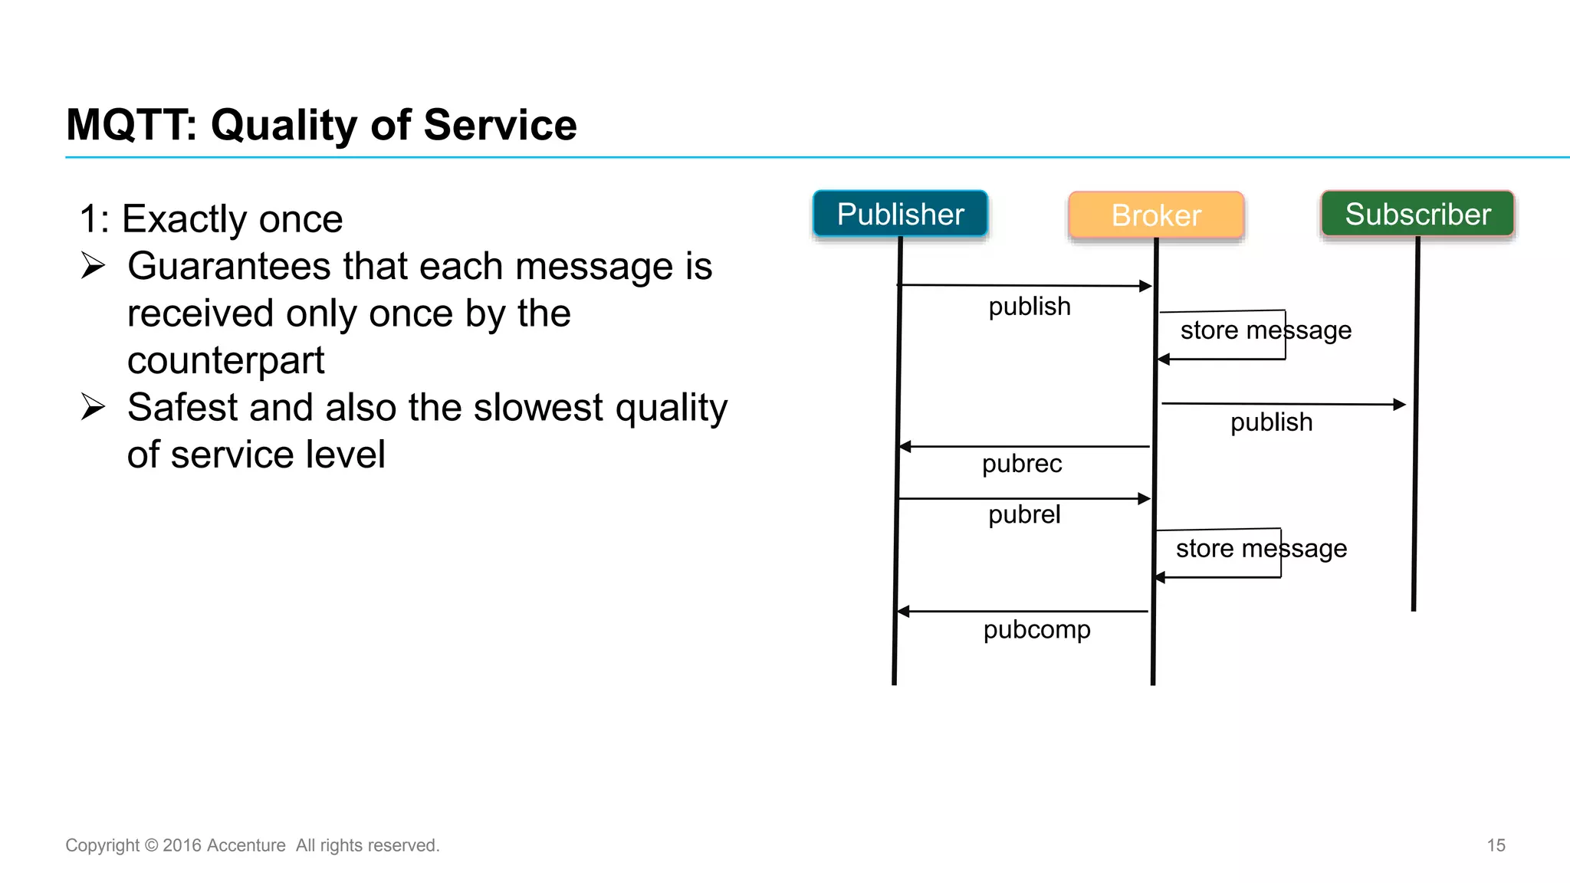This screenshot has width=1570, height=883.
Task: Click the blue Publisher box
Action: [x=900, y=214]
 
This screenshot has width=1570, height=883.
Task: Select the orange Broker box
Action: [x=1155, y=215]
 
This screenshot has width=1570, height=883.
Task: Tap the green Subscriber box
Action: [x=1417, y=214]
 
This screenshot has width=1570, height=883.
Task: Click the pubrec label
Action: [x=1022, y=464]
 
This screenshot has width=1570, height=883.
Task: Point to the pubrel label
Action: [x=1024, y=514]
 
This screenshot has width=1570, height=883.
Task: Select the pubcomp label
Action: [x=1036, y=629]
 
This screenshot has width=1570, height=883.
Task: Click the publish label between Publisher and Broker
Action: [x=1030, y=307]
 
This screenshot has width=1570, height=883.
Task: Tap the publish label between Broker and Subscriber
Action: [x=1271, y=422]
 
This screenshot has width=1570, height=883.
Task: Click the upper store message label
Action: [x=1266, y=330]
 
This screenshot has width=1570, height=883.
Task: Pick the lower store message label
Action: [x=1261, y=549]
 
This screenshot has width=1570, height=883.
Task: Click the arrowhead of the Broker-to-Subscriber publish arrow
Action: [x=1400, y=404]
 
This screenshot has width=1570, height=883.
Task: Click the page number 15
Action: [x=1496, y=845]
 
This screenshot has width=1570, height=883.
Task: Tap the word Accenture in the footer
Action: [x=245, y=845]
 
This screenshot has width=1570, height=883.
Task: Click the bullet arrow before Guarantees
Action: [x=93, y=266]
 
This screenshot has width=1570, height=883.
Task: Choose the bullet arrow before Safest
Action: [x=93, y=407]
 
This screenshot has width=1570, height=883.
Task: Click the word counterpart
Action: [x=225, y=361]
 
